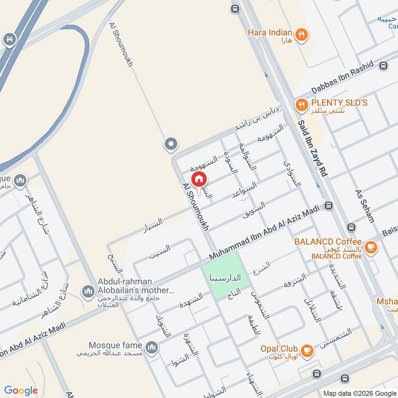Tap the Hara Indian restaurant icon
tap(301, 35)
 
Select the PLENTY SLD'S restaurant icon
tap(301, 105)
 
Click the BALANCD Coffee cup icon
tap(370, 246)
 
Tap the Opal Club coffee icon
tap(308, 349)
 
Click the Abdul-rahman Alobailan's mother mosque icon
tap(88, 290)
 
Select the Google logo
tap(21, 391)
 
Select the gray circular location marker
tap(171, 144)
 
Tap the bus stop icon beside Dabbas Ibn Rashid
tap(383, 66)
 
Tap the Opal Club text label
tap(279, 349)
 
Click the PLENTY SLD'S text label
tap(339, 103)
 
